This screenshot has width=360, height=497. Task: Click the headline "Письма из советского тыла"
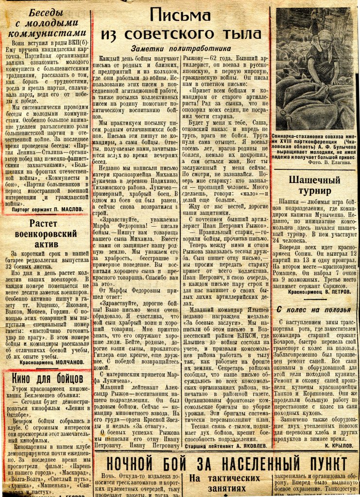pyautogui.click(x=181, y=25)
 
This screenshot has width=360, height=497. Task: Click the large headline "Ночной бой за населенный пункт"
pyautogui.click(x=224, y=462)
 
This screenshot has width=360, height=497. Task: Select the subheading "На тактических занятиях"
pyautogui.click(x=225, y=483)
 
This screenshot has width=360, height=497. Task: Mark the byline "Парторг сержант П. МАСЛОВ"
pyautogui.click(x=47, y=210)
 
